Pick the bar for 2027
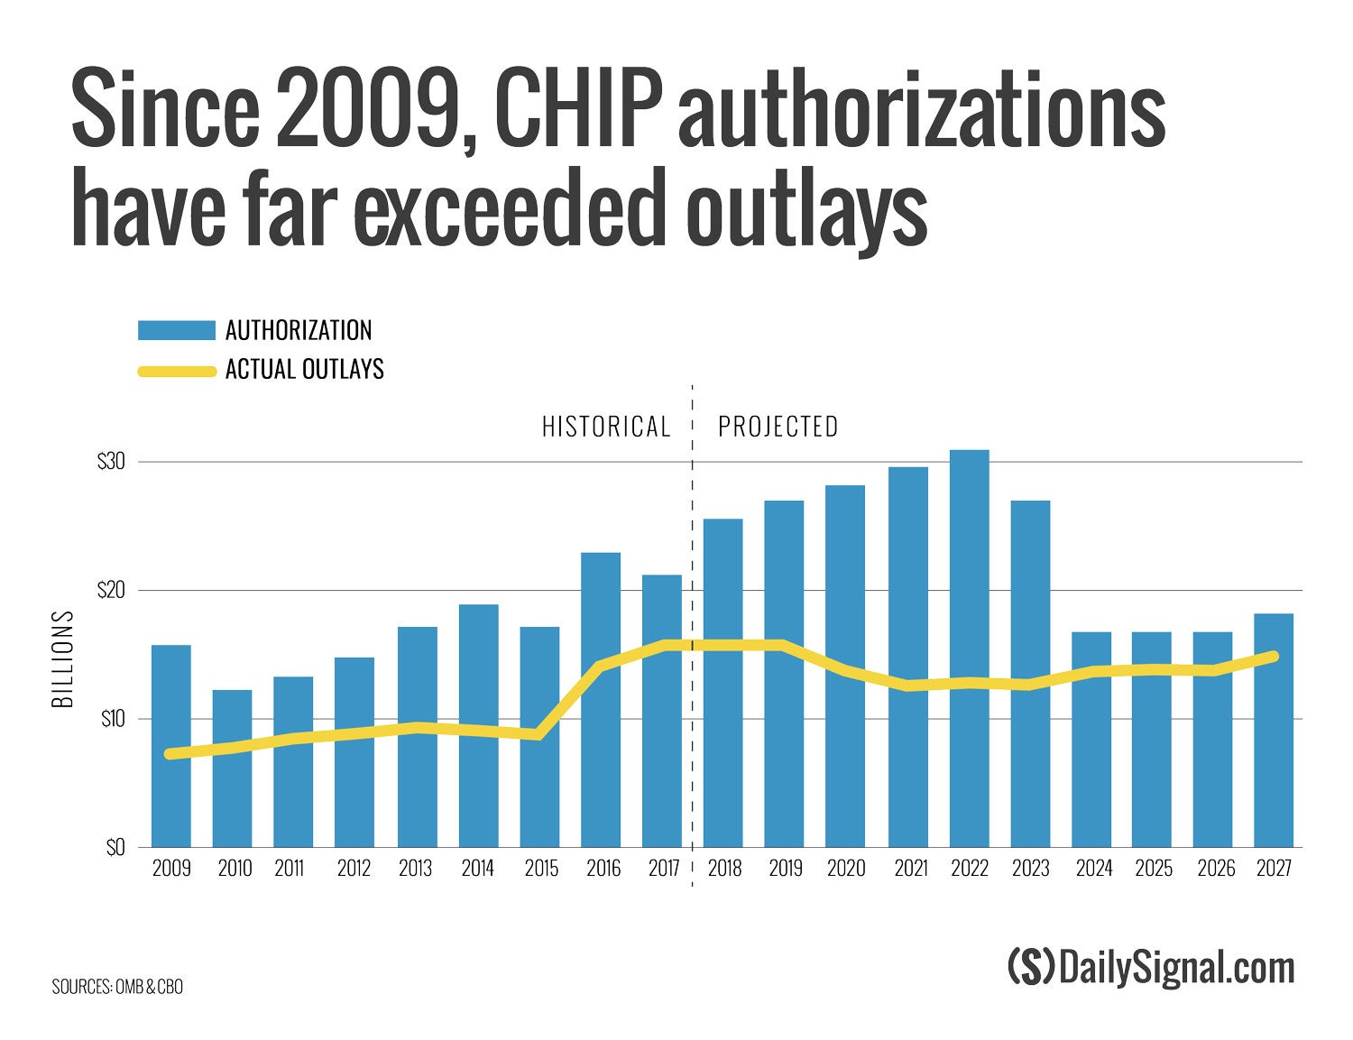click(1273, 731)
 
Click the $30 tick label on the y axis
click(111, 463)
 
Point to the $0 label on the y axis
click(115, 849)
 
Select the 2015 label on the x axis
click(541, 869)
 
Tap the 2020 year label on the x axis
click(845, 869)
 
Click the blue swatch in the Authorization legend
click(176, 330)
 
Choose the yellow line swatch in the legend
click(176, 370)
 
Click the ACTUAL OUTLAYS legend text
click(305, 370)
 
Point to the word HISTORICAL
click(606, 427)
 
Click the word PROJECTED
click(778, 427)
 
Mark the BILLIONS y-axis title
click(63, 659)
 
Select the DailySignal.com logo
click(1151, 968)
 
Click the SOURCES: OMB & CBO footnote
click(117, 987)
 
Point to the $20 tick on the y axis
click(111, 591)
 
